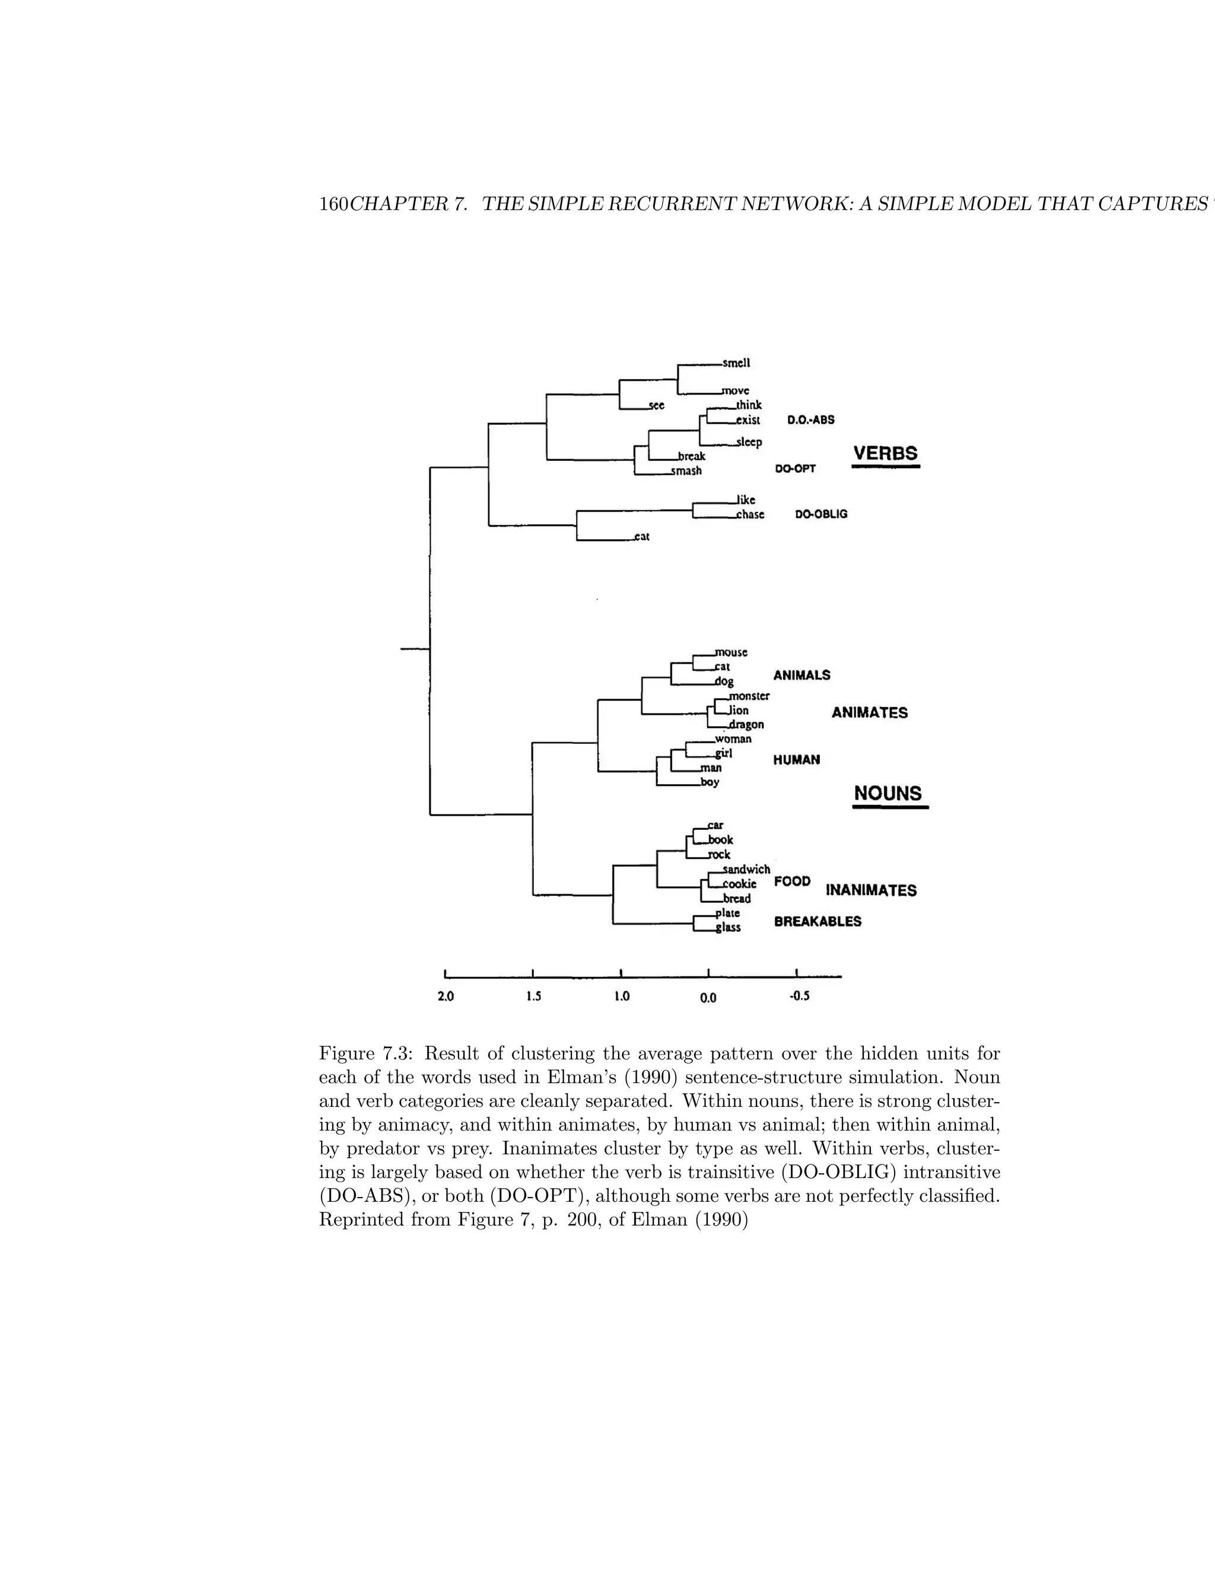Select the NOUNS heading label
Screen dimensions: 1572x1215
tap(888, 793)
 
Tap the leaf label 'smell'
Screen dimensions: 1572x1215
tap(736, 364)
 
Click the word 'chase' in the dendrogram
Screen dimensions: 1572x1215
tap(750, 515)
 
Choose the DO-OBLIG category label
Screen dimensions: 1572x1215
tap(820, 515)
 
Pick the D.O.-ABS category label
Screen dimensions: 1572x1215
tap(810, 419)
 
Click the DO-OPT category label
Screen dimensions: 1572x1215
tap(794, 469)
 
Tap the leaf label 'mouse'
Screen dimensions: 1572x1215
tap(731, 652)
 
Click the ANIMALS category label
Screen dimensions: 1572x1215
tap(801, 675)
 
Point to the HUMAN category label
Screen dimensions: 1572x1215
tap(796, 760)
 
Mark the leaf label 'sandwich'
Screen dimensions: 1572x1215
tap(746, 870)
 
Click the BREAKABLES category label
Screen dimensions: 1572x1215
tap(817, 922)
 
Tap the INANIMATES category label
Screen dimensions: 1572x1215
tap(871, 890)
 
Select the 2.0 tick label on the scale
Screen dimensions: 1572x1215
tap(446, 997)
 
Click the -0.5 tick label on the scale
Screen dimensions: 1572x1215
tap(799, 997)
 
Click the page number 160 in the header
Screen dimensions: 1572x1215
tap(333, 205)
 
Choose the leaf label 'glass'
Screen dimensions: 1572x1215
tap(729, 928)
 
